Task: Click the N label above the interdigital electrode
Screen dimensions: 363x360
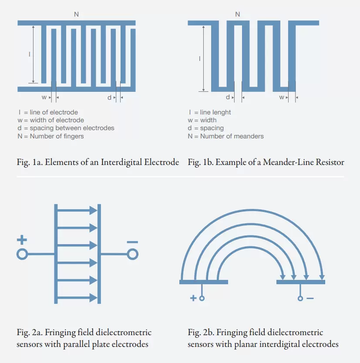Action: point(77,14)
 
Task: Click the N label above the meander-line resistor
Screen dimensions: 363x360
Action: point(237,14)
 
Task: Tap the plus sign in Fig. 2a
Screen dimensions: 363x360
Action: point(22,240)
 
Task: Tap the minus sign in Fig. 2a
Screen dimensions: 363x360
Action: point(133,242)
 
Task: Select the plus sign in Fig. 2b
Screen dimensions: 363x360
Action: point(193,298)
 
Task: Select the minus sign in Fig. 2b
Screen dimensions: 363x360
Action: point(310,298)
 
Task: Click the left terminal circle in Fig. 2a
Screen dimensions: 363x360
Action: point(22,254)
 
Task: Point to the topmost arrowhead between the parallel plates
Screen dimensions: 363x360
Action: point(93,211)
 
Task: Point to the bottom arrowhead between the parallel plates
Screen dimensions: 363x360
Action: point(93,298)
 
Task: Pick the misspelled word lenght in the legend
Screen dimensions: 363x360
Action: point(222,112)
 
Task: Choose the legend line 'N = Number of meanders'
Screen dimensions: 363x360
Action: point(225,136)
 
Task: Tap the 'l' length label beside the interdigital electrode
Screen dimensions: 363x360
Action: point(29,54)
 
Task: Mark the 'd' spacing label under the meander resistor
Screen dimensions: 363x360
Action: point(228,97)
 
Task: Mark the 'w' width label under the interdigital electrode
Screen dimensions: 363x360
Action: point(44,97)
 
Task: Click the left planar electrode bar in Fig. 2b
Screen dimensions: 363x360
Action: point(203,282)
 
